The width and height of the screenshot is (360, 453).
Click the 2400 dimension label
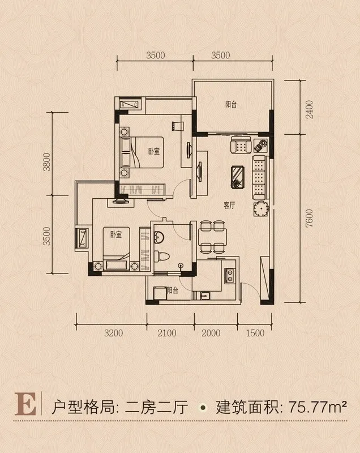coord(309,110)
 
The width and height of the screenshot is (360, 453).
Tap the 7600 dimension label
coord(309,219)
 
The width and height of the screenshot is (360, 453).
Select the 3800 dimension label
coord(46,162)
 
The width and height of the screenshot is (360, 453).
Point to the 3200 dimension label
coord(113,333)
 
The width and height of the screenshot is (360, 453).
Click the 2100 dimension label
coord(167,333)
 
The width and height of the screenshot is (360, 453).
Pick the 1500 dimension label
coord(255,333)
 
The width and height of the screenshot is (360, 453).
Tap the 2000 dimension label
coord(211,333)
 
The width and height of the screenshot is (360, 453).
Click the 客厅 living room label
coord(229,206)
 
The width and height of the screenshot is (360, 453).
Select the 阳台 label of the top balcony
coord(231,104)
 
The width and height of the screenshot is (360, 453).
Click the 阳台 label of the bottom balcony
coord(172,290)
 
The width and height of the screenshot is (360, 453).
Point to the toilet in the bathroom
coord(161,256)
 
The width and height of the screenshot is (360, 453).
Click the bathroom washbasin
coord(158,237)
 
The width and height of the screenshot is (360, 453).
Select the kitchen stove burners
coord(230,276)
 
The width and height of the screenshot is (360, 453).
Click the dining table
coord(212,237)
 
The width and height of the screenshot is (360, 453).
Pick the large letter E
coord(26,404)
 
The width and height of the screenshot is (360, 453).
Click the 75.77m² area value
coord(318,407)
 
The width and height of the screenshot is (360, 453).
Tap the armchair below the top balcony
coord(241,145)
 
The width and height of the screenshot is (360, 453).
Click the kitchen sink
coord(205,296)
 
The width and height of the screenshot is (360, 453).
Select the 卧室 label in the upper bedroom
coord(154,151)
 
